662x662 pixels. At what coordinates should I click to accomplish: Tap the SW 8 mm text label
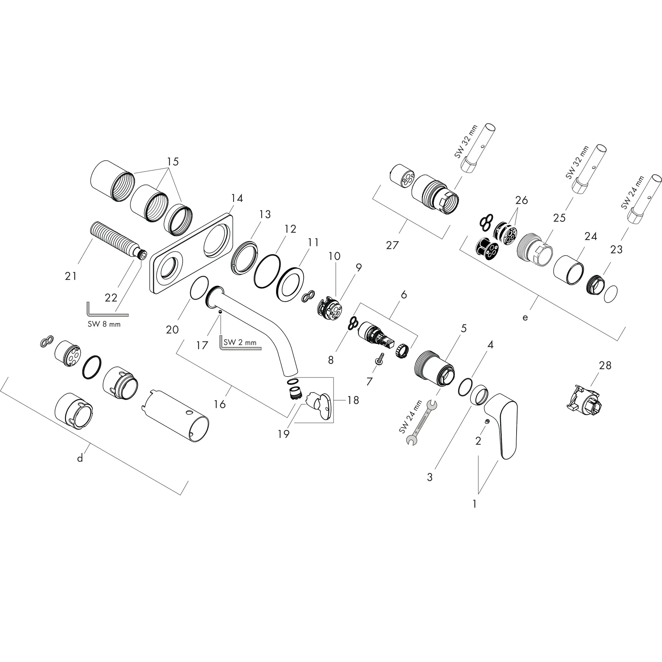(x=104, y=324)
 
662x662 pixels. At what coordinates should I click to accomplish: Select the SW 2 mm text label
(x=240, y=342)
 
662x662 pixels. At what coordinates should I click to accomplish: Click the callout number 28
(x=605, y=365)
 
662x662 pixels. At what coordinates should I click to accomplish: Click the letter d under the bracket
(x=80, y=458)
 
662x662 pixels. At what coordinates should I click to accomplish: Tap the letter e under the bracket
(x=525, y=317)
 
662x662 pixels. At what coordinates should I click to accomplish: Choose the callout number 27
(x=392, y=245)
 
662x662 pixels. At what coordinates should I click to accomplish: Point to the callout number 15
(x=173, y=161)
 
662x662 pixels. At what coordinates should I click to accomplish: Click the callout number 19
(x=284, y=434)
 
